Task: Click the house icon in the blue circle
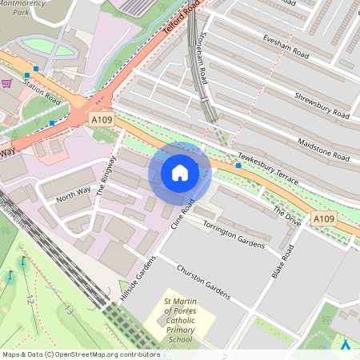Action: [x=180, y=172]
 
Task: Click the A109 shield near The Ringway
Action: [x=101, y=119]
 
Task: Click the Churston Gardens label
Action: [x=203, y=282]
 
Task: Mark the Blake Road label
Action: [x=283, y=262]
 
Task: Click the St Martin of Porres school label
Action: [x=179, y=320]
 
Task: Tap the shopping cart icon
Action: [x=7, y=82]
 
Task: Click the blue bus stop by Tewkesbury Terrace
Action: [x=238, y=165]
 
